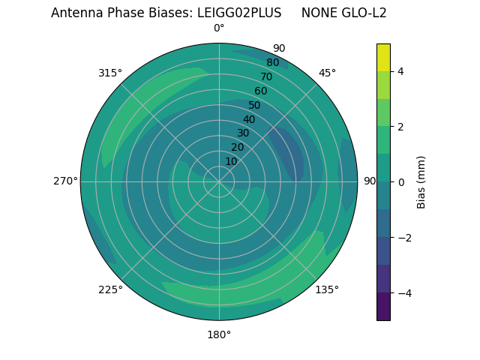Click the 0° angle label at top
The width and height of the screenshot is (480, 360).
pos(219,28)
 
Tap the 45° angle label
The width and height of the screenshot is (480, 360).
pos(327,73)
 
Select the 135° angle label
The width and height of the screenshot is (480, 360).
pos(327,289)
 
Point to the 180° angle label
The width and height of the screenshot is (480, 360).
pos(219,334)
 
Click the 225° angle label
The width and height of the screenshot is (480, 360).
pos(110,289)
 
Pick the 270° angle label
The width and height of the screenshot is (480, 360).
pos(65,181)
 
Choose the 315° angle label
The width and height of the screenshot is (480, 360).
pos(110,73)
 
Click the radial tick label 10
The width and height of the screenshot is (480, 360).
pos(232,161)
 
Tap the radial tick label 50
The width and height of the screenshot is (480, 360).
pos(254,106)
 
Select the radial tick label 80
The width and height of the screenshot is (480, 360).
pos(272,63)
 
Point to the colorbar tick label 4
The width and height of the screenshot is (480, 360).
pos(400,71)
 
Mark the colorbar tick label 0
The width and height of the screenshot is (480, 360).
pos(400,181)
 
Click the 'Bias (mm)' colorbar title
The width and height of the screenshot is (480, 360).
pos(421,181)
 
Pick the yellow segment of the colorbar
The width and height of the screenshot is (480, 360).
pos(383,57)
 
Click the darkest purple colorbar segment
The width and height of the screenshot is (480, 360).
pos(383,307)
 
